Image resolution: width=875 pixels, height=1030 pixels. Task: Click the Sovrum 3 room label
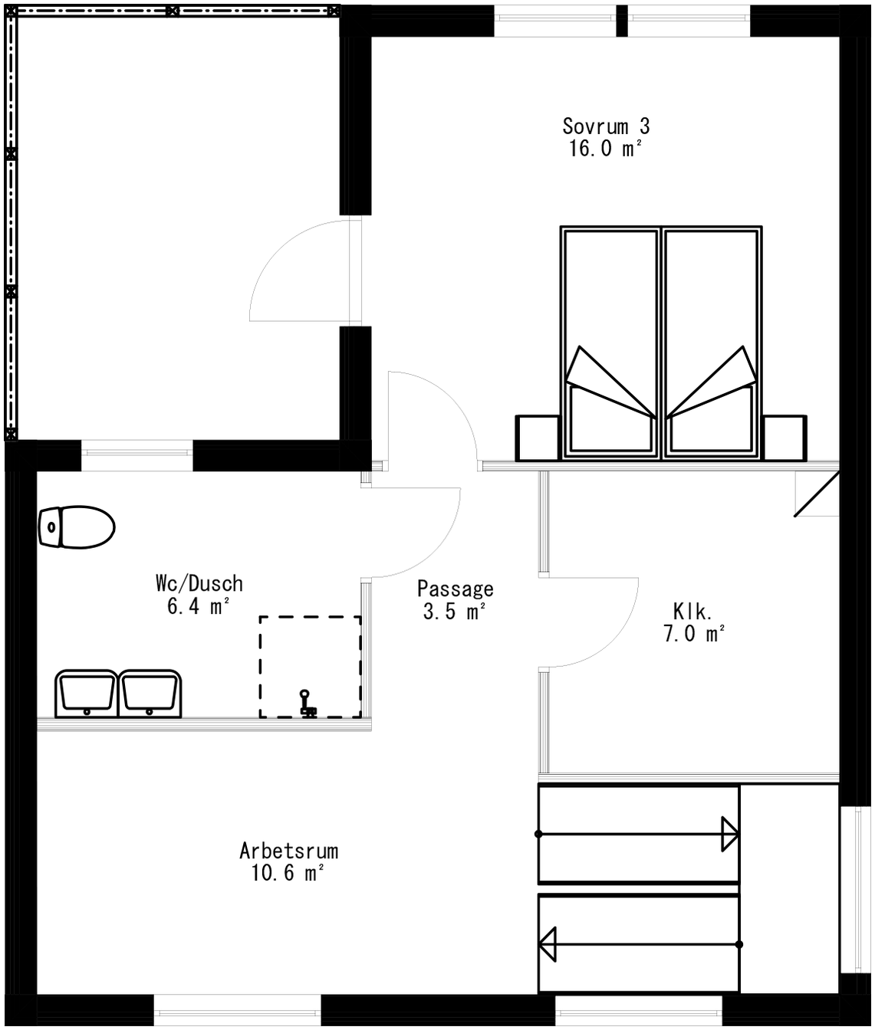coord(606,126)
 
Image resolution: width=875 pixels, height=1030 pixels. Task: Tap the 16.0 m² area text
coord(604,149)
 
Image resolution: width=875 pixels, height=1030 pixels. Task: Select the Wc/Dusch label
coord(199,583)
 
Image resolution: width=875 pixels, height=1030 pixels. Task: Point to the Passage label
coord(455,589)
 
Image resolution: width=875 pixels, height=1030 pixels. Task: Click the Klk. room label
coord(692,611)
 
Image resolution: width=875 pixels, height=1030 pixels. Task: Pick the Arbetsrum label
coord(288,851)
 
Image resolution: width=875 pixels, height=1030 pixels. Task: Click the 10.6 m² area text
coord(288,873)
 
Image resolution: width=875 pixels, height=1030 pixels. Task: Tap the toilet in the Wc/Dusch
coord(76,526)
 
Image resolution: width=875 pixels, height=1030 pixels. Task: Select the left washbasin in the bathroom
coord(86,693)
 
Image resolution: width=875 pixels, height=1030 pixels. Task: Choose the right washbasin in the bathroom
coord(151,693)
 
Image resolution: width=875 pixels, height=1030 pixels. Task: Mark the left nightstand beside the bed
coord(537,438)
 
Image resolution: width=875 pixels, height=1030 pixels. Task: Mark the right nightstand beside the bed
coord(785,438)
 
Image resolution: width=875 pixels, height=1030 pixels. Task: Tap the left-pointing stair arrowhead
coord(548,944)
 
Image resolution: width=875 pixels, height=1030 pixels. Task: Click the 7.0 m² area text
coord(693,634)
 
